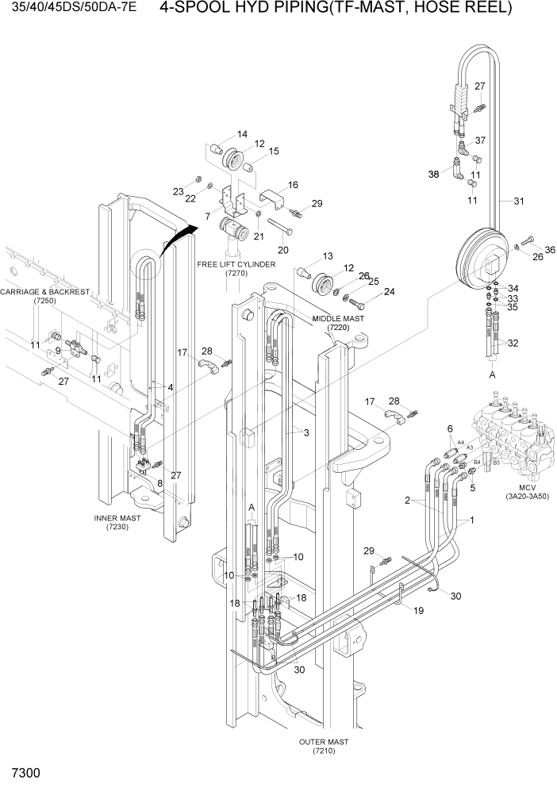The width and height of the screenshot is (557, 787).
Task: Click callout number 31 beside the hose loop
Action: pos(519,201)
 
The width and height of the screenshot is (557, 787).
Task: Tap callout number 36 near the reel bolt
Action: pos(549,251)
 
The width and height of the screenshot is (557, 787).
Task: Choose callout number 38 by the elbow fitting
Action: pos(433,175)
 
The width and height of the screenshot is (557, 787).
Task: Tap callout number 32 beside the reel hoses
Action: pos(513,344)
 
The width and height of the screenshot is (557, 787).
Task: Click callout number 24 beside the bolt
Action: pos(389,291)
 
